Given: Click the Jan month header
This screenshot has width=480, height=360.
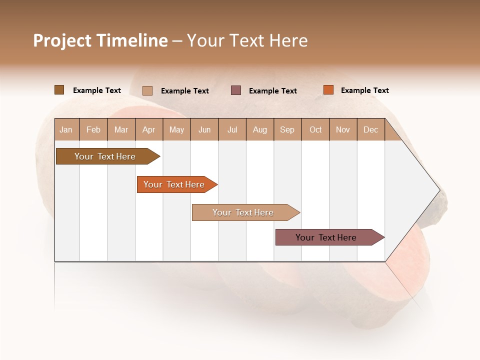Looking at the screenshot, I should click(x=66, y=129).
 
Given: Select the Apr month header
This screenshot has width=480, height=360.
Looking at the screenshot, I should click(x=148, y=129).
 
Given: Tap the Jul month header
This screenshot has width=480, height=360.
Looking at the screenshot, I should click(x=232, y=129).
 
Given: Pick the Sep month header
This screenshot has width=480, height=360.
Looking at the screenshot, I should click(x=287, y=129).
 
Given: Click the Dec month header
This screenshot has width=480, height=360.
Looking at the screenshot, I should click(x=370, y=129).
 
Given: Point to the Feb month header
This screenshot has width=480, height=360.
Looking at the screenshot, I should click(x=93, y=129).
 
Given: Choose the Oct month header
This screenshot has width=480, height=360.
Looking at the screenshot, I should click(x=315, y=129).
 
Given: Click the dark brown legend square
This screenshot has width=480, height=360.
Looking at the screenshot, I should click(x=59, y=90).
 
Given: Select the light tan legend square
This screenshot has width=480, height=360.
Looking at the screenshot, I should click(x=147, y=90).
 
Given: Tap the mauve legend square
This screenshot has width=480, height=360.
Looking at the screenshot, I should click(x=235, y=90).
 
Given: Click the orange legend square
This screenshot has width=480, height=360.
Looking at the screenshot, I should click(x=328, y=90).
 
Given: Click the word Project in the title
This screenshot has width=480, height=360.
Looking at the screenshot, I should click(x=62, y=40).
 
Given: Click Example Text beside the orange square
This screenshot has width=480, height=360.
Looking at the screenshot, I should click(x=364, y=90).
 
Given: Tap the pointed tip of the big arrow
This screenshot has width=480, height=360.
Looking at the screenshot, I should click(x=438, y=190).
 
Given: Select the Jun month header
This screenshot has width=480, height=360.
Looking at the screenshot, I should click(x=204, y=129).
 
